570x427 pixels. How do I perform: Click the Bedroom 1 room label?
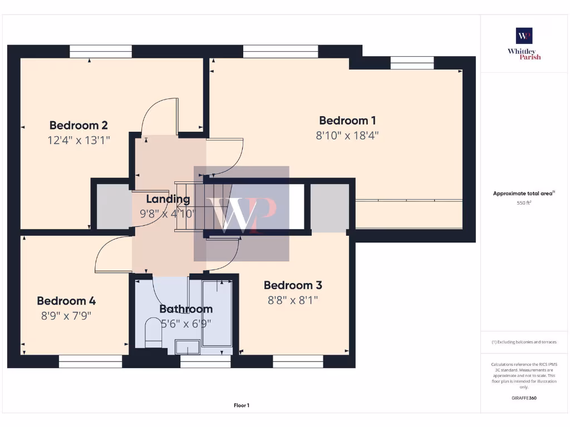347,121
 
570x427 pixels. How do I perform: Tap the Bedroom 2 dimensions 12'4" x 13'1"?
78,140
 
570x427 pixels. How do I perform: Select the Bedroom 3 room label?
293,285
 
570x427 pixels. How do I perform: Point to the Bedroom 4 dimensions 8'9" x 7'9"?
66,316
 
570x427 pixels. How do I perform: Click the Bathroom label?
186,309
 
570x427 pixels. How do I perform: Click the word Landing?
168,199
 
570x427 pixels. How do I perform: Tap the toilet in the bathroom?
152,331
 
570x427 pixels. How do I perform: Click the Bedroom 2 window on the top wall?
101,52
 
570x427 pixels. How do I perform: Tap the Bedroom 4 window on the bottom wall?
90,361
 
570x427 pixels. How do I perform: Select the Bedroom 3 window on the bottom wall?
298,361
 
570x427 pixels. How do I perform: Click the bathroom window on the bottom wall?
205,361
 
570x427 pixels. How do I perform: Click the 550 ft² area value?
524,203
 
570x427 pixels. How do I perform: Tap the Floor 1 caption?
241,406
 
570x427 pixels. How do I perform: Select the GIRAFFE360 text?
524,398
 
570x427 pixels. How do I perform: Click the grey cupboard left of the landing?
114,205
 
